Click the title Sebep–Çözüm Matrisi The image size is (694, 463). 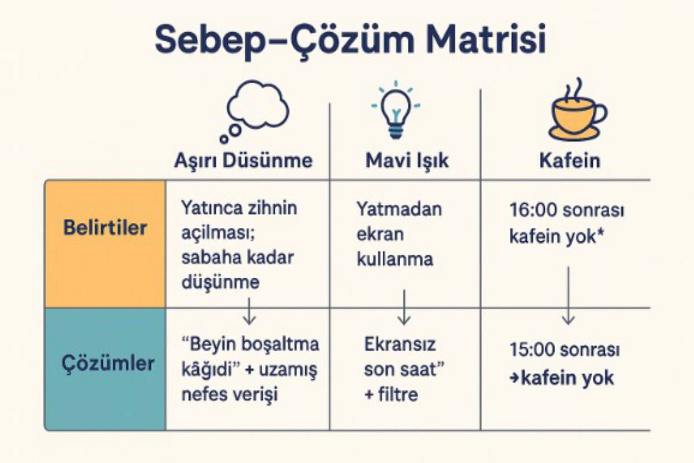coord(350,41)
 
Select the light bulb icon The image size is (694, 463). coord(396,109)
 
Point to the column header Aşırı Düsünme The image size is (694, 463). coord(243,161)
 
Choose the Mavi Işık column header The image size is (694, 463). coord(407,161)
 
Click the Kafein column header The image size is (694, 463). coord(570,161)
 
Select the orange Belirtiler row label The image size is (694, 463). coord(105,228)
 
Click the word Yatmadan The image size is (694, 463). coord(399,209)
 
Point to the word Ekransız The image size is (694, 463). coord(400,344)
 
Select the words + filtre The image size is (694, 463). coord(391,395)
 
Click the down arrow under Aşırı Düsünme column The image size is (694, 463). coord(249,311)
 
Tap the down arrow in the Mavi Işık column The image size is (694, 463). coord(404,307)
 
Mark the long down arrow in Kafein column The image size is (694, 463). coord(568,296)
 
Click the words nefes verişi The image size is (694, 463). coord(230,395)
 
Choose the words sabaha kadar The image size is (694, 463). coord(237,258)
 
